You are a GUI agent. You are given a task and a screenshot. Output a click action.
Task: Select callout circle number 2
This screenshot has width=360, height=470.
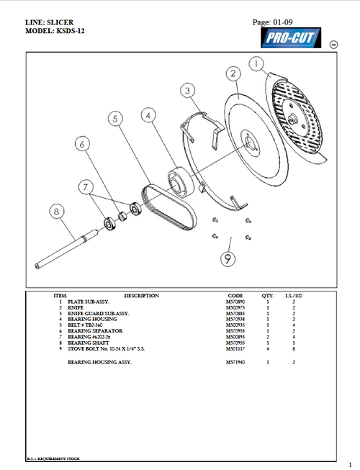point(233,73)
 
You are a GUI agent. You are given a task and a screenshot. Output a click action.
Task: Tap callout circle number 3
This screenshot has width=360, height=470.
point(186,91)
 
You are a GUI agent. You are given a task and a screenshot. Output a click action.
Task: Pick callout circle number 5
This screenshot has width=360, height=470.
point(114,119)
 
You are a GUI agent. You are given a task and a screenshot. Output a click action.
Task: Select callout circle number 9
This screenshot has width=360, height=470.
point(227,255)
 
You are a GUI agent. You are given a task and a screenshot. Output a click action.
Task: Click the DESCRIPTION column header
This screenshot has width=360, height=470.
point(141,296)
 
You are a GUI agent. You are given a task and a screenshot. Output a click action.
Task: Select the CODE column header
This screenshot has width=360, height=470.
point(235,296)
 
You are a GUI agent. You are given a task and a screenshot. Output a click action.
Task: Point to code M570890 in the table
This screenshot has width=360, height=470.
point(236,302)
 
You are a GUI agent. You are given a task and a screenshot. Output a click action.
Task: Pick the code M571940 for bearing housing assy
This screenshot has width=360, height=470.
point(236,362)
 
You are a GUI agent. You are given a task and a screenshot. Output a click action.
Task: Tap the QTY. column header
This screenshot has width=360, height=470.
point(268,296)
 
